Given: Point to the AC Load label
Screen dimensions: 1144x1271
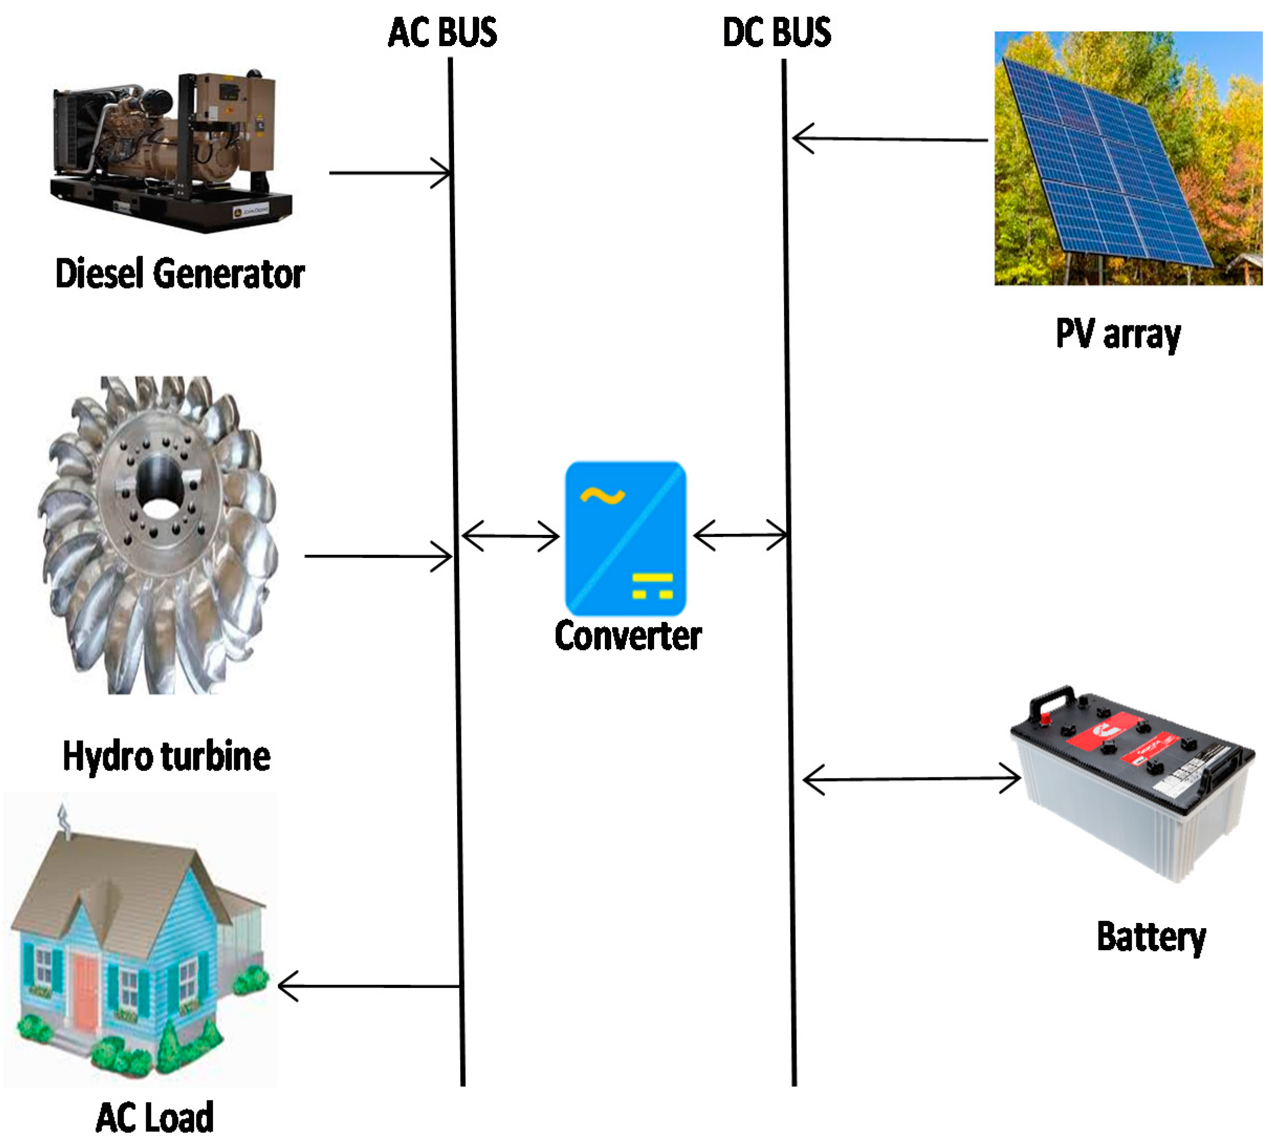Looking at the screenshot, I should pyautogui.click(x=154, y=1117).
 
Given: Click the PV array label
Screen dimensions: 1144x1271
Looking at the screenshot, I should pyautogui.click(x=1118, y=334).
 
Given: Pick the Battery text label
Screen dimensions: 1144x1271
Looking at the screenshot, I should pyautogui.click(x=1151, y=937).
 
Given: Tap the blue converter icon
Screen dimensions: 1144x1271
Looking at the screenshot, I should pyautogui.click(x=625, y=538).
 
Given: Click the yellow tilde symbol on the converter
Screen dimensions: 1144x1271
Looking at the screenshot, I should pyautogui.click(x=602, y=496).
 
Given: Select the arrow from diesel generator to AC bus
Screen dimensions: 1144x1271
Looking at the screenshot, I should pyautogui.click(x=390, y=172).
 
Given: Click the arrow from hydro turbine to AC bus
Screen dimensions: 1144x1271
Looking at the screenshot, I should pyautogui.click(x=377, y=556).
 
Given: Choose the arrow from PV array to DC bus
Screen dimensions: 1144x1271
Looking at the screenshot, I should pyautogui.click(x=889, y=139).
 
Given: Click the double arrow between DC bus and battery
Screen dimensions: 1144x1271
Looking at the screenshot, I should pyautogui.click(x=911, y=779).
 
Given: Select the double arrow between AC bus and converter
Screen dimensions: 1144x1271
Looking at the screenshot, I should pyautogui.click(x=510, y=536).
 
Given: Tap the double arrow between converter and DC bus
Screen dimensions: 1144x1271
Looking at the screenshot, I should pyautogui.click(x=740, y=535).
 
